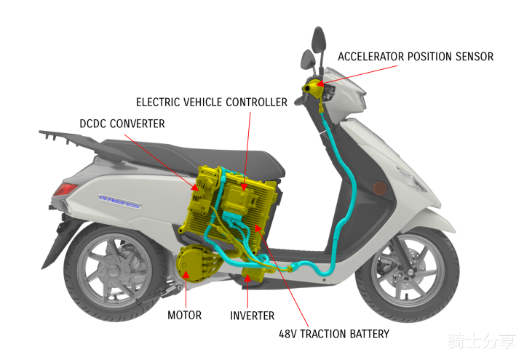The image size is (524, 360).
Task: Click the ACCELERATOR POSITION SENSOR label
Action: [x=416, y=57]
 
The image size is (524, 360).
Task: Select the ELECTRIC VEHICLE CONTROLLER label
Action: [x=212, y=103]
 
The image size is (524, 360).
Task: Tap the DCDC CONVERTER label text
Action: [x=122, y=124]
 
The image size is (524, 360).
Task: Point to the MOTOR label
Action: [x=185, y=316]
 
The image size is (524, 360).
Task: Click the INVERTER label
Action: [x=253, y=316]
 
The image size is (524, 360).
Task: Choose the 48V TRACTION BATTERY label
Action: [x=334, y=335]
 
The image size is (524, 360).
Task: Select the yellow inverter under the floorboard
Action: [x=252, y=276]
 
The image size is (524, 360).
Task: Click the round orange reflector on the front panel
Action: [x=378, y=188]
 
